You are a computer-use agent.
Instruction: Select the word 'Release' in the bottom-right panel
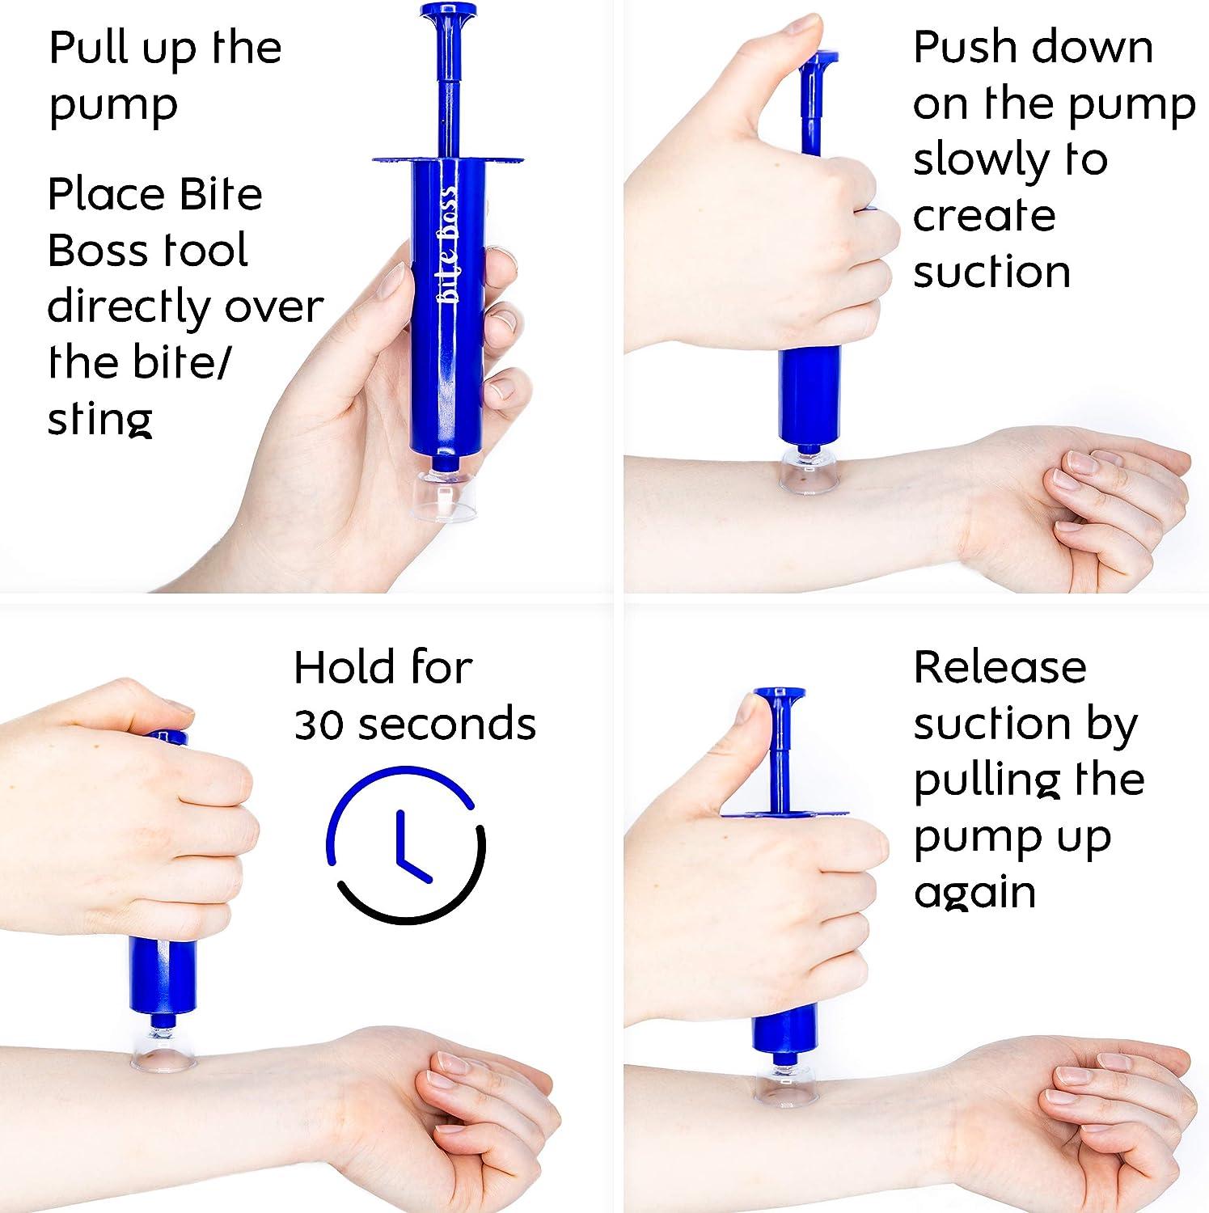(x=1000, y=667)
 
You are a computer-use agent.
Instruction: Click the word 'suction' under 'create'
(x=991, y=272)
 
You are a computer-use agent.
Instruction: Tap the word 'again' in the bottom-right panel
(x=974, y=894)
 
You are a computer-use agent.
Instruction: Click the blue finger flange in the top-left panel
(x=448, y=158)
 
